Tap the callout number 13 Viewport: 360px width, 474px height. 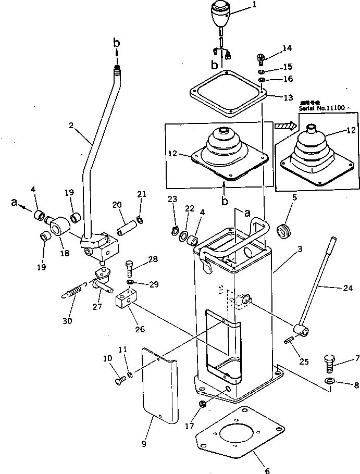tap(288, 97)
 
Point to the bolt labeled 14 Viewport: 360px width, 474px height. tap(262, 56)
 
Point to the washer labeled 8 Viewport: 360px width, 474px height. tap(329, 382)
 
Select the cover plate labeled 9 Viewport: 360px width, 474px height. tap(159, 385)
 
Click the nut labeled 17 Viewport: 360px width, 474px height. tap(204, 404)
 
